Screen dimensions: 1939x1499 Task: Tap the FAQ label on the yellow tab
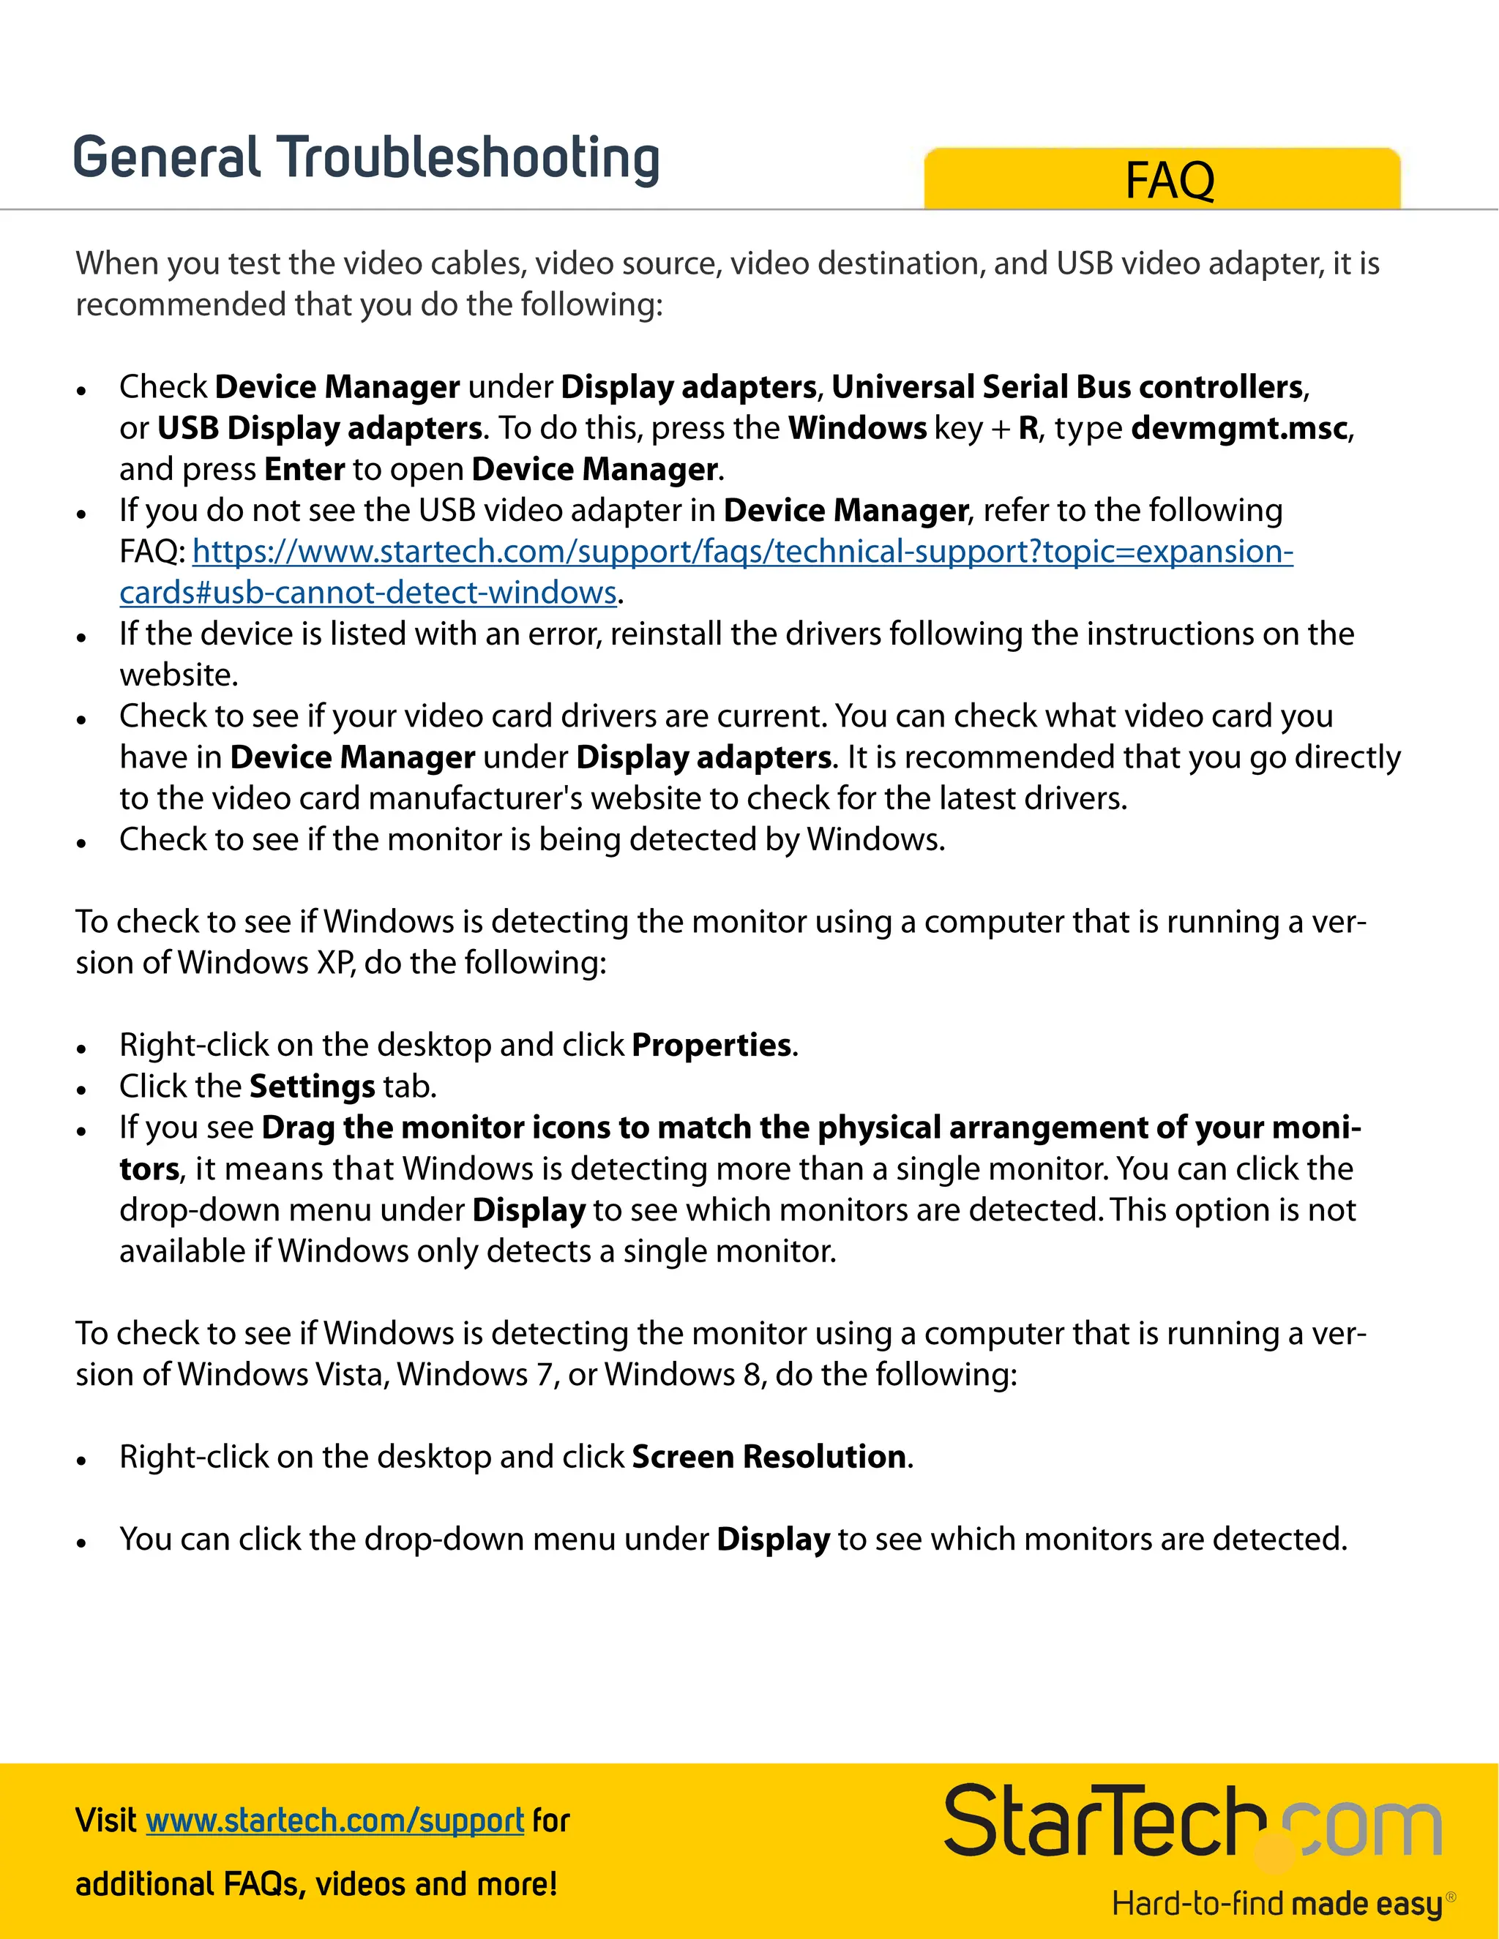1169,181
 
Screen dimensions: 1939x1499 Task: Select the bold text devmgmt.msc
1240,428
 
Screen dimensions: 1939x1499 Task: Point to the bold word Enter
304,469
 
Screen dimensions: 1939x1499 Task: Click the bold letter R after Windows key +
1028,428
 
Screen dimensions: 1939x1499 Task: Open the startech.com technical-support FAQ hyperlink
742,552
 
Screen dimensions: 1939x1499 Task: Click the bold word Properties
711,1045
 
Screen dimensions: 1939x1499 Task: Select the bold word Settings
313,1087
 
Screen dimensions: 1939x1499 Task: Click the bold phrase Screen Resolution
769,1457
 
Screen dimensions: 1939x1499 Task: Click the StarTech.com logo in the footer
1190,1822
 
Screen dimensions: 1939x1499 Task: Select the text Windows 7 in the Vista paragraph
475,1374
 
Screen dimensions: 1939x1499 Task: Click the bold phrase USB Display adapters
320,428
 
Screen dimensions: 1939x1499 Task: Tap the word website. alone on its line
179,675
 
